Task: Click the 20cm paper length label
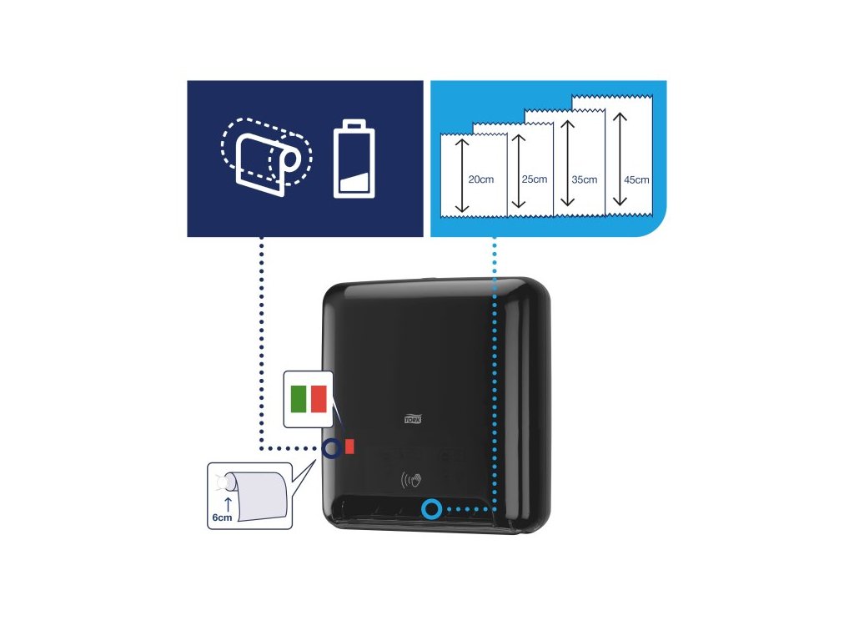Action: coord(480,179)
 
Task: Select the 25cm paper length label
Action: coord(534,179)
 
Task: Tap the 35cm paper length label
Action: coord(584,179)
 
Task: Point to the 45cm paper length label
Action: coord(635,179)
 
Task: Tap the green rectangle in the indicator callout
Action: coord(298,399)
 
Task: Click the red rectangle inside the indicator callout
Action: coord(319,399)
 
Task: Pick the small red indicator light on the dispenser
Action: coord(349,447)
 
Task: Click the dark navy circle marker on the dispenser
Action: coord(330,448)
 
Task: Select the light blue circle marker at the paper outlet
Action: coord(431,508)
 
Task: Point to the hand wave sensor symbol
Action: coord(411,482)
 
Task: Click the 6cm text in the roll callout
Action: coord(221,517)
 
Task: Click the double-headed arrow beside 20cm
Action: coord(459,177)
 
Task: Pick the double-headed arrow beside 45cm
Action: coord(619,159)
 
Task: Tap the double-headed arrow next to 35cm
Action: coord(567,164)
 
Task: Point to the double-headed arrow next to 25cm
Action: coord(518,171)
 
